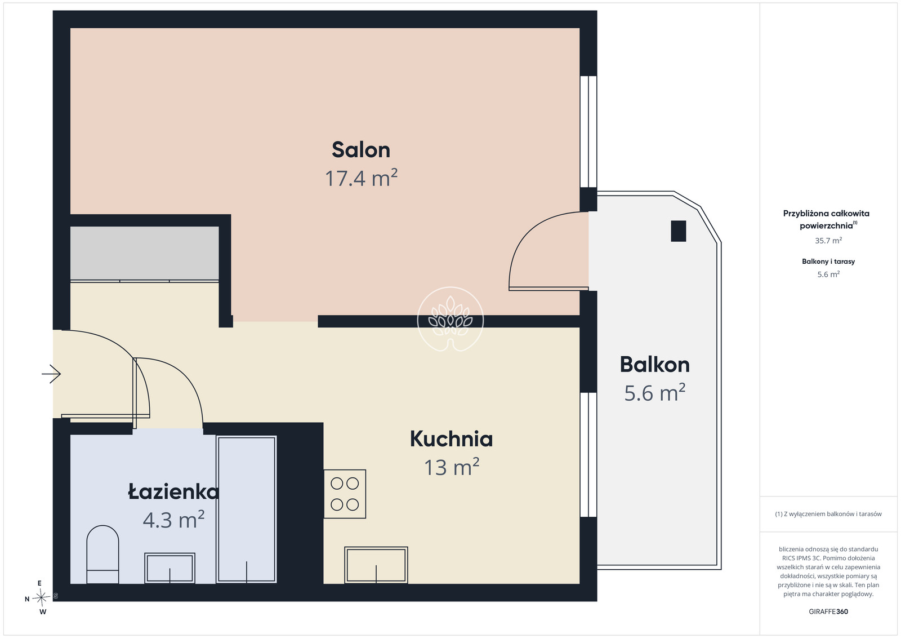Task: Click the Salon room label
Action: point(361,150)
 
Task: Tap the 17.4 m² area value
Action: point(361,178)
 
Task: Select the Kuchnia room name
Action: point(451,438)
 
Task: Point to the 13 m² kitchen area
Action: point(452,467)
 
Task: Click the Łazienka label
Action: point(173,491)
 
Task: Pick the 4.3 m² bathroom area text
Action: point(174,519)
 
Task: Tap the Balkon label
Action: point(655,365)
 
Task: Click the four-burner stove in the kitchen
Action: point(345,494)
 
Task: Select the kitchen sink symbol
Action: point(376,565)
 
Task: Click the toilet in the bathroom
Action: point(102,554)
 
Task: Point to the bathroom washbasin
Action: point(170,568)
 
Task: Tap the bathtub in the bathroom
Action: point(246,509)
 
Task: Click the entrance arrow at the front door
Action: point(51,374)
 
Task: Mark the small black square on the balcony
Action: point(678,231)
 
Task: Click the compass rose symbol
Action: point(41,597)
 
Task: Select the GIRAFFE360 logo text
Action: point(828,612)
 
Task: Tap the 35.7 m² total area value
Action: point(828,240)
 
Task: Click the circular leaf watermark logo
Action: point(450,319)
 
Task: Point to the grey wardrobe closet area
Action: point(144,253)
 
